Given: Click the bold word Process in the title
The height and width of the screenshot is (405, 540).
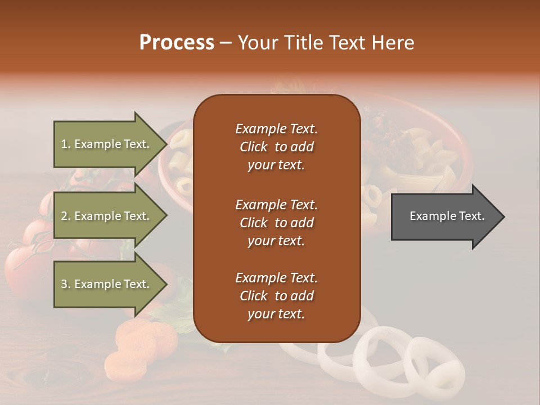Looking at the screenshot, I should pyautogui.click(x=177, y=43).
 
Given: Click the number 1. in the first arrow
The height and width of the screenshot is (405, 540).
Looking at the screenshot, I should pyautogui.click(x=66, y=144).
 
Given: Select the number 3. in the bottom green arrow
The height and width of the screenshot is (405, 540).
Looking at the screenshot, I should pyautogui.click(x=66, y=284).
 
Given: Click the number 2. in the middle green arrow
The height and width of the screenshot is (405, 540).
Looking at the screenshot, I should pyautogui.click(x=66, y=216).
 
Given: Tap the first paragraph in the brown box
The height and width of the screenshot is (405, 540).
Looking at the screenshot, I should pyautogui.click(x=276, y=147).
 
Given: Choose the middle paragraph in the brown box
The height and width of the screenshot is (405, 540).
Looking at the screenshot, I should pyautogui.click(x=276, y=223).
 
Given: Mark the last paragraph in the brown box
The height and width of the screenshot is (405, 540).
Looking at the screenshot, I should pyautogui.click(x=276, y=296).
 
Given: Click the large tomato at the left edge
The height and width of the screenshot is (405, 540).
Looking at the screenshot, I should pyautogui.click(x=22, y=264).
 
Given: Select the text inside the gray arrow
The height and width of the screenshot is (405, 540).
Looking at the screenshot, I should pyautogui.click(x=447, y=216).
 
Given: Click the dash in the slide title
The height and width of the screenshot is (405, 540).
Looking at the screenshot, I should pyautogui.click(x=226, y=43).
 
